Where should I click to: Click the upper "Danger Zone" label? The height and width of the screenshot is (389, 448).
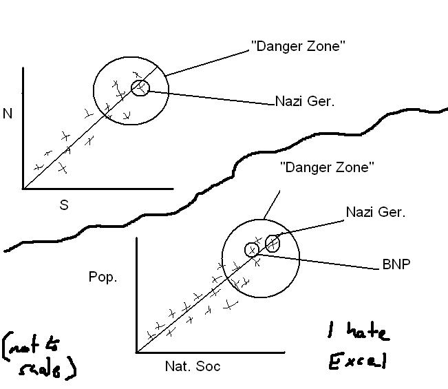point(298,47)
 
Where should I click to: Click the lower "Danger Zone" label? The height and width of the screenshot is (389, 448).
point(327,167)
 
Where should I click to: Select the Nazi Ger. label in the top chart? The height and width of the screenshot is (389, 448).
point(304,101)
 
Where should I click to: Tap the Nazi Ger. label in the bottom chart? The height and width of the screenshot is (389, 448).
point(376,212)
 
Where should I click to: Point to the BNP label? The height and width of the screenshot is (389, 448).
point(396,264)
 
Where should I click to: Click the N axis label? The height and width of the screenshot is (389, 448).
point(8,114)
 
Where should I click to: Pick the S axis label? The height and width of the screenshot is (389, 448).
point(63,205)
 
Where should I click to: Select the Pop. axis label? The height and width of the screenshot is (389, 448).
point(103,277)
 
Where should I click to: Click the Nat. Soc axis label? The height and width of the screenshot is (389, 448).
point(192,366)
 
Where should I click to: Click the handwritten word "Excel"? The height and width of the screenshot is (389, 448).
point(357,361)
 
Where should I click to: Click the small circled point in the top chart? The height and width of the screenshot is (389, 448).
point(140,87)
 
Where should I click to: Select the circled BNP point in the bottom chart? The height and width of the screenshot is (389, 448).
point(253,249)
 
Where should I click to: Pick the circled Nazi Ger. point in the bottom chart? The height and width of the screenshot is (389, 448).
point(273,243)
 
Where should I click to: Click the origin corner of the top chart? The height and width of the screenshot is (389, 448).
point(23,188)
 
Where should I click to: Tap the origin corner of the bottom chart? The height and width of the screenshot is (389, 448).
point(137,352)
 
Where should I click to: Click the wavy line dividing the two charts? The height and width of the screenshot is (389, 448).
point(227,172)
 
